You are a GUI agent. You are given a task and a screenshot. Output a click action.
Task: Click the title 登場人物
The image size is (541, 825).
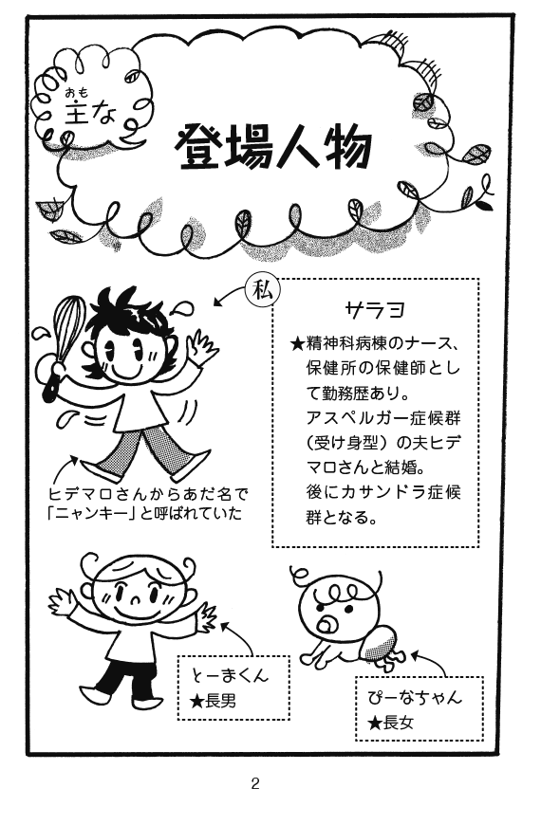273,147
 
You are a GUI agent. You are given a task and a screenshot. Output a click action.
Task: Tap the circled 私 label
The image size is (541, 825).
263,291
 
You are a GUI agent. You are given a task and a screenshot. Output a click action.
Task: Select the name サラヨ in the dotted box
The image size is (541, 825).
375,309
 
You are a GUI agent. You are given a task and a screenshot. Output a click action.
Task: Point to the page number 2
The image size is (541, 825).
255,783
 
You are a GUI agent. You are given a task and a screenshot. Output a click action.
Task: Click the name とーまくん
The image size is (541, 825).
229,674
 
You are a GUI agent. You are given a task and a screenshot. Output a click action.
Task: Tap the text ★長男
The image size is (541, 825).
214,701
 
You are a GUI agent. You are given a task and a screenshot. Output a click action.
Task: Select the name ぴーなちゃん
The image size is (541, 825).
415,697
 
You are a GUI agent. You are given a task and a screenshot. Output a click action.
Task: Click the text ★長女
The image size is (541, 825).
391,724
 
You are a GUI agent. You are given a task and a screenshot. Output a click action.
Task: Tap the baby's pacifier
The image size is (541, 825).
326,624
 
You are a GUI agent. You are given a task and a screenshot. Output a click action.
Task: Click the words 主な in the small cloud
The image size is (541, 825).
90,112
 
